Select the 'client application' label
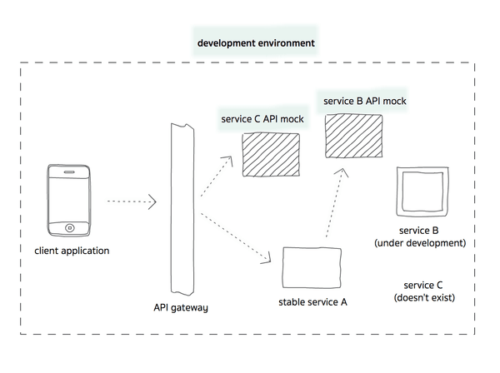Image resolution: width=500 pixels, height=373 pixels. (x=72, y=251)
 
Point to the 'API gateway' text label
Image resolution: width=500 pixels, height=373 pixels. (x=181, y=307)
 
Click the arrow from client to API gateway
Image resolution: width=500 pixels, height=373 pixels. (x=132, y=201)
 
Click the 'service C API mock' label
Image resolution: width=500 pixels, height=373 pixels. (x=262, y=119)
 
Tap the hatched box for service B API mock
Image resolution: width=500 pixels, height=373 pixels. (x=352, y=135)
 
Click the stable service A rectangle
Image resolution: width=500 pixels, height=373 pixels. (x=312, y=267)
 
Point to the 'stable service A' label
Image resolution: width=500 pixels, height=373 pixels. (x=312, y=302)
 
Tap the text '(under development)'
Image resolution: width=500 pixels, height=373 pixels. (x=419, y=243)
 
